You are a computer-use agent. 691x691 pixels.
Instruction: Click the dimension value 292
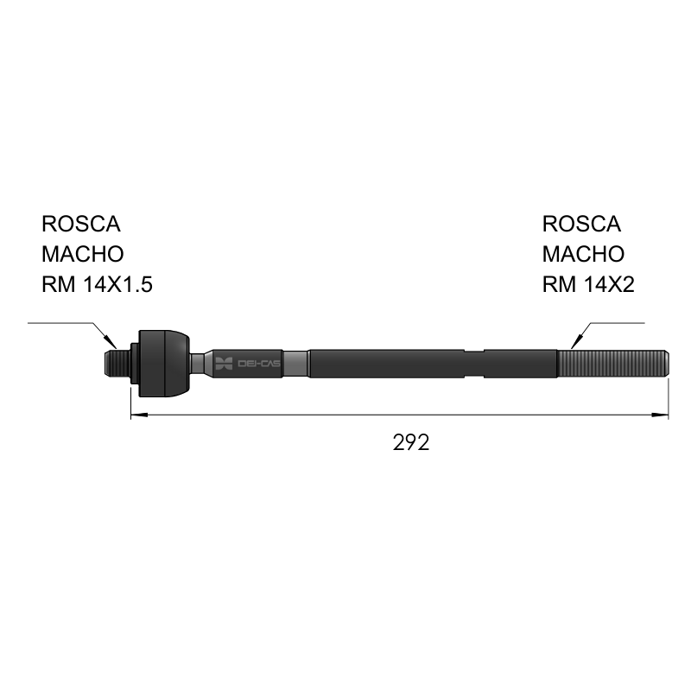click(411, 442)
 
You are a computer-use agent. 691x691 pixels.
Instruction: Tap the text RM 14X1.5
click(97, 284)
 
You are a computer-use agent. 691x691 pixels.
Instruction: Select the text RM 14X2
click(588, 284)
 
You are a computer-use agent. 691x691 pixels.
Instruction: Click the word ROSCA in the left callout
click(80, 224)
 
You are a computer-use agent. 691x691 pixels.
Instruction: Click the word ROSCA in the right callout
click(581, 224)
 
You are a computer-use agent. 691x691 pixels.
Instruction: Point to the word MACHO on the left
click(82, 254)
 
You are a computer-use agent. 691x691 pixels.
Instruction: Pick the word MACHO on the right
click(583, 254)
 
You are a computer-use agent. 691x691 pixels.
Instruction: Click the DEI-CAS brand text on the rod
click(258, 364)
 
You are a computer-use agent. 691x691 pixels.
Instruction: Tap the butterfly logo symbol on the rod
click(224, 364)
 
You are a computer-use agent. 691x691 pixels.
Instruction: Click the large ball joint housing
click(164, 364)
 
